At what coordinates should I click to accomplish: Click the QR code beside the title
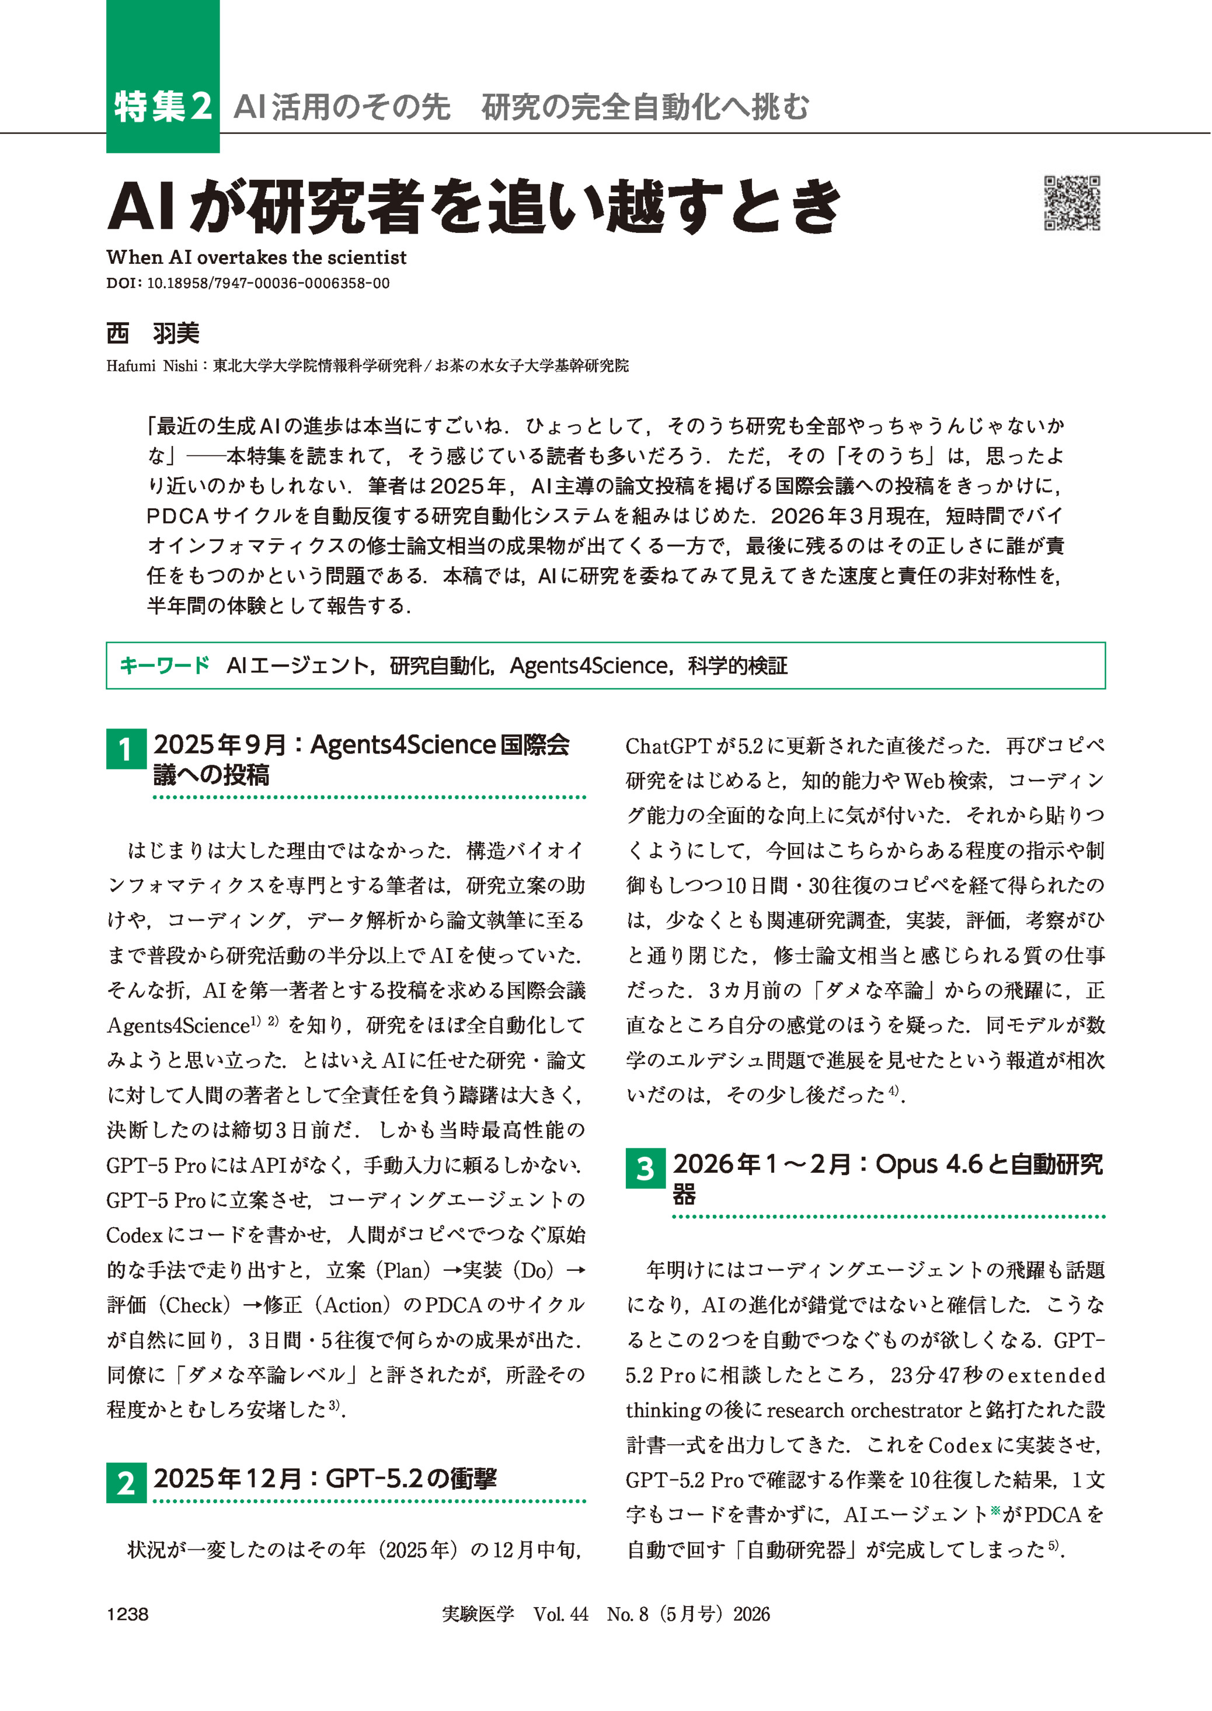tap(1072, 203)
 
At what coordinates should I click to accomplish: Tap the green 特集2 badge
tap(163, 107)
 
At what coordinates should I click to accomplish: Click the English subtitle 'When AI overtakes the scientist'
tap(256, 257)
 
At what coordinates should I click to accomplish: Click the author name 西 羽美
tap(153, 333)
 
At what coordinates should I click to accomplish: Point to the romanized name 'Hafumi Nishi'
tap(152, 365)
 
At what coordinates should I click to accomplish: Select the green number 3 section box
tap(645, 1169)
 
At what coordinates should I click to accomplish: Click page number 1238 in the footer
tap(128, 1614)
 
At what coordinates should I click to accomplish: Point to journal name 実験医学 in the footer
tap(478, 1614)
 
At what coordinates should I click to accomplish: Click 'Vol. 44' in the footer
tap(560, 1614)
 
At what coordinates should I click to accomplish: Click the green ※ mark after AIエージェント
tap(995, 1509)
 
